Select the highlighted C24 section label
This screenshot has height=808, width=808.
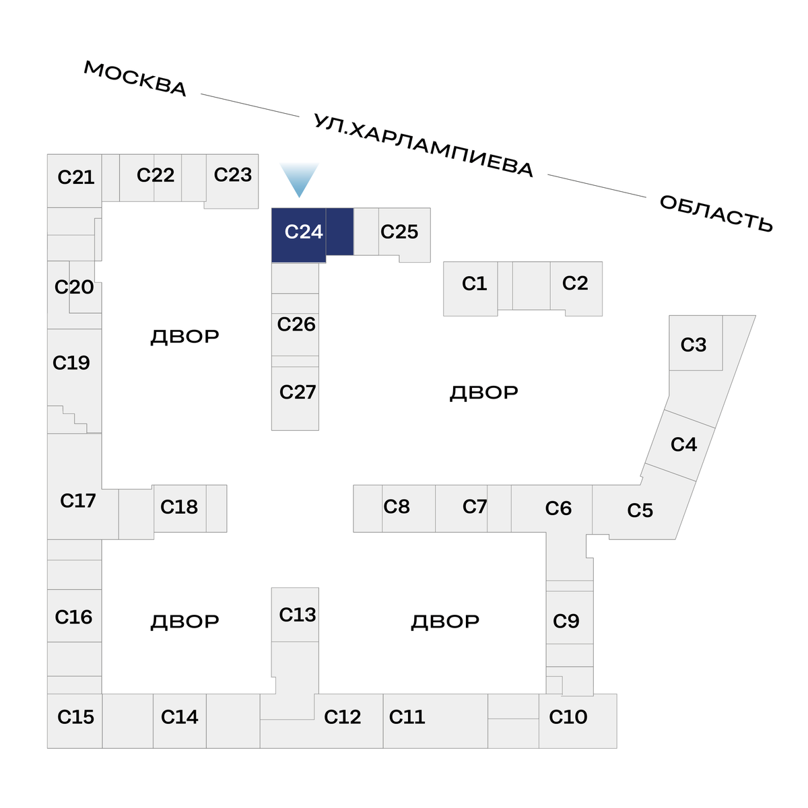(304, 232)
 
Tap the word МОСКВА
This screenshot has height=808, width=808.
(135, 78)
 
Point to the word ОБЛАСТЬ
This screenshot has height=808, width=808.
(716, 213)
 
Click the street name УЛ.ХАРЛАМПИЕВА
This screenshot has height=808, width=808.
(424, 145)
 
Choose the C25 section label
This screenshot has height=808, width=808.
(399, 232)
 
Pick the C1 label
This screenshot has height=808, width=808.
(474, 284)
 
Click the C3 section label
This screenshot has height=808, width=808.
(693, 345)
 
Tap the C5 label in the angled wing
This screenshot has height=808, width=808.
(640, 511)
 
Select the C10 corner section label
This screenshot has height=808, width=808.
(568, 718)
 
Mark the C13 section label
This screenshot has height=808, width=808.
(297, 615)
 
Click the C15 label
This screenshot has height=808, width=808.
(75, 718)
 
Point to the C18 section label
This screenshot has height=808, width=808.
(179, 507)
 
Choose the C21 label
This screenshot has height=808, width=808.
(75, 178)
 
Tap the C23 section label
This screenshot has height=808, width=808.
(232, 175)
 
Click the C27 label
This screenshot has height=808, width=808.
(297, 393)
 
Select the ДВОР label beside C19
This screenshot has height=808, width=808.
(184, 337)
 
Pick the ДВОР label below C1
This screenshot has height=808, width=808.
(483, 393)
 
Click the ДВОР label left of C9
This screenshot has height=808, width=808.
(445, 621)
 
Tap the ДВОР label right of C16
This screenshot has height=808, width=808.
(184, 621)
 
